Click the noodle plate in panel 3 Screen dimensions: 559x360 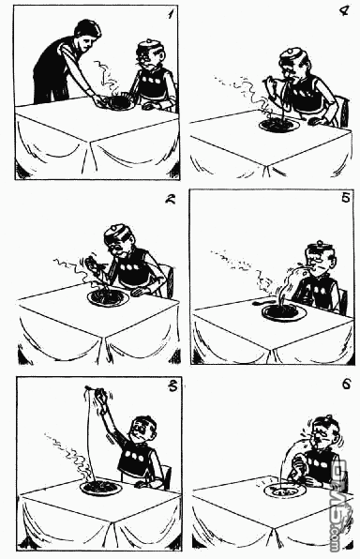click(x=100, y=488)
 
